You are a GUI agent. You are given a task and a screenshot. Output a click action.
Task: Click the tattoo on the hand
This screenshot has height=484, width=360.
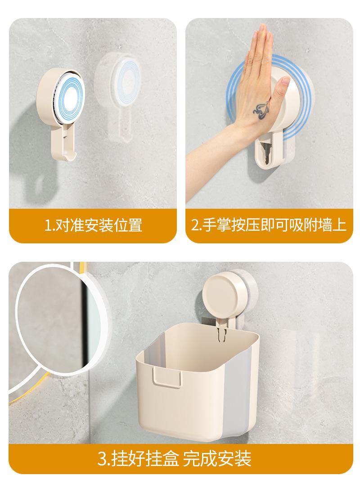click(x=261, y=111)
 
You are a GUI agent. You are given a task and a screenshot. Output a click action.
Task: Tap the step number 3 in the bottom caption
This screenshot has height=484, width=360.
click(x=102, y=459)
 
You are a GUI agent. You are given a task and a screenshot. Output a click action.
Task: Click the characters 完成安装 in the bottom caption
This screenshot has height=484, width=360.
click(x=217, y=459)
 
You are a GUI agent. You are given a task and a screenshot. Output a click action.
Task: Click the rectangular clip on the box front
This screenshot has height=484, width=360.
click(x=166, y=376)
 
